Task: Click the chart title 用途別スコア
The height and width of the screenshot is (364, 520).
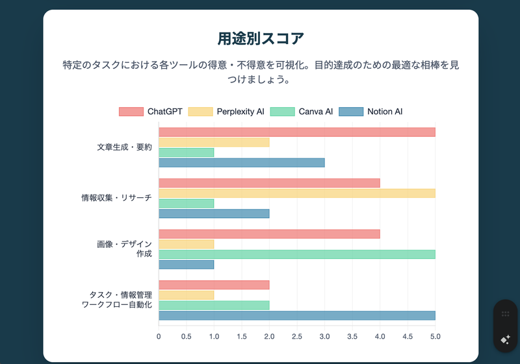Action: pyautogui.click(x=261, y=38)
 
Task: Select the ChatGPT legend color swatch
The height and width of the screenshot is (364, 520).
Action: pyautogui.click(x=131, y=112)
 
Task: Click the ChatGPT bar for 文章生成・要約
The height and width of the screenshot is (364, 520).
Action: pyautogui.click(x=296, y=132)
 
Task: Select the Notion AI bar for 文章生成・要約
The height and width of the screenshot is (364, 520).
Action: pyautogui.click(x=241, y=163)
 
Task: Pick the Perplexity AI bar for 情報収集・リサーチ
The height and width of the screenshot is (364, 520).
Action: pyautogui.click(x=296, y=193)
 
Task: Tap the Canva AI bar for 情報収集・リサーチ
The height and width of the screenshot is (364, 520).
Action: pyautogui.click(x=186, y=203)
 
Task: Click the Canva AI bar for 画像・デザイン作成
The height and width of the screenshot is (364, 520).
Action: pyautogui.click(x=296, y=254)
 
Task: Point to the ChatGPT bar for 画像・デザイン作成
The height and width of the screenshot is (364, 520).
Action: pyautogui.click(x=269, y=234)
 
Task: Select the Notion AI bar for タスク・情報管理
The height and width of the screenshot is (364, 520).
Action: pyautogui.click(x=296, y=315)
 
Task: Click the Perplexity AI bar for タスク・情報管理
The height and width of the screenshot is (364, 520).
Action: pyautogui.click(x=186, y=295)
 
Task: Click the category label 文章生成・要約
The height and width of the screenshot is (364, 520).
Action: pyautogui.click(x=124, y=147)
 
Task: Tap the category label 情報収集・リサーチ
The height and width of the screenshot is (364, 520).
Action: pyautogui.click(x=116, y=198)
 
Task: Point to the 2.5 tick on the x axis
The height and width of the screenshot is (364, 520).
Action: pyautogui.click(x=297, y=337)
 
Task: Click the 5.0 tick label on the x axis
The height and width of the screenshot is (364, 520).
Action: pyautogui.click(x=435, y=337)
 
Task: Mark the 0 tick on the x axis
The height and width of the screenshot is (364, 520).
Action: pyautogui.click(x=159, y=337)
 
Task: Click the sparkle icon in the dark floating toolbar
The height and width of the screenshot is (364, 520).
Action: pyautogui.click(x=505, y=339)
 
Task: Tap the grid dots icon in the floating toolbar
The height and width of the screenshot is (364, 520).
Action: pyautogui.click(x=505, y=314)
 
